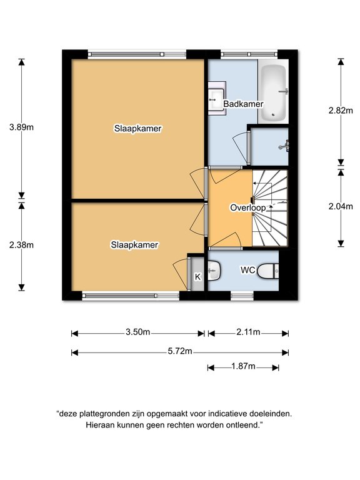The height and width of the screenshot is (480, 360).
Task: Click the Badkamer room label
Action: click(243, 104)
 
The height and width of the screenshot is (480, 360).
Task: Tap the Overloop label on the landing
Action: click(248, 208)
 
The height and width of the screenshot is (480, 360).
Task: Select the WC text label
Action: click(247, 270)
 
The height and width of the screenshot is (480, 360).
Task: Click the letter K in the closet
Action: click(197, 277)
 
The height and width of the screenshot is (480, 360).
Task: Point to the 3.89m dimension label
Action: click(21, 127)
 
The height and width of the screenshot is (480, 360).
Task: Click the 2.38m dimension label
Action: click(21, 245)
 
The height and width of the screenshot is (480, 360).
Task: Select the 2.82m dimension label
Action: click(341, 111)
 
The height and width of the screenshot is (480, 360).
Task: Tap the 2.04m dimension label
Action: click(341, 206)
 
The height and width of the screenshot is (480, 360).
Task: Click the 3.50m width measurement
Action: click(137, 332)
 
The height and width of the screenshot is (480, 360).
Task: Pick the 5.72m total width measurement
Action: click(180, 351)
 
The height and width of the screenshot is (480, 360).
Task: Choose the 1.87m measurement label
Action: click(243, 366)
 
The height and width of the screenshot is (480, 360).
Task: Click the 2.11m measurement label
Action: click(248, 332)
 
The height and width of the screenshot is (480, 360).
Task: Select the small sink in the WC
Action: click(214, 270)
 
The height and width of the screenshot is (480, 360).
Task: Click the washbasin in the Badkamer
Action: click(217, 99)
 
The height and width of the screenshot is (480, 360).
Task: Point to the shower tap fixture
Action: click(284, 146)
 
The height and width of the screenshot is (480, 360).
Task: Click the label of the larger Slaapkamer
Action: click(137, 129)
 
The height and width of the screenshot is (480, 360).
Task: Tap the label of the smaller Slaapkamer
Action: click(134, 245)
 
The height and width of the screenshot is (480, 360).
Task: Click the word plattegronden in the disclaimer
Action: click(105, 414)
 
